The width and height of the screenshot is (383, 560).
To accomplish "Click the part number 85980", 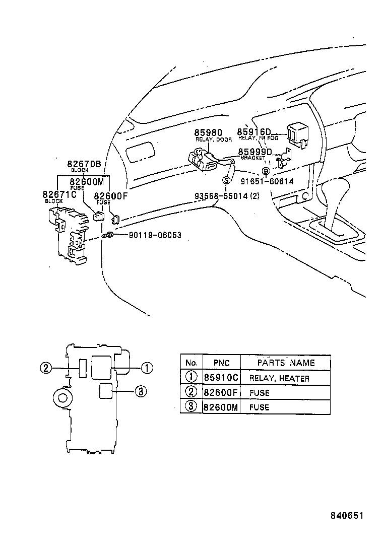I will point(209,133).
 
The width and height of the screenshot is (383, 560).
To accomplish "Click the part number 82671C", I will point(59,194).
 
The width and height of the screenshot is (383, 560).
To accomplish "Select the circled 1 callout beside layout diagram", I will point(146,368).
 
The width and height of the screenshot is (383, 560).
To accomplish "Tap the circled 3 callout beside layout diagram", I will point(141,391).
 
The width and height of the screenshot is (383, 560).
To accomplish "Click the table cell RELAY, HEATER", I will point(279,378).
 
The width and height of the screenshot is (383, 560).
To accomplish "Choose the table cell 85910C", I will point(221,378).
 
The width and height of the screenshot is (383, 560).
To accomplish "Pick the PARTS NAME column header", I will point(286,363).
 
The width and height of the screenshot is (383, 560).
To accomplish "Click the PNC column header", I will point(221,363).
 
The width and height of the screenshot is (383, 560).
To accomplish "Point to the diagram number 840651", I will point(347,516).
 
